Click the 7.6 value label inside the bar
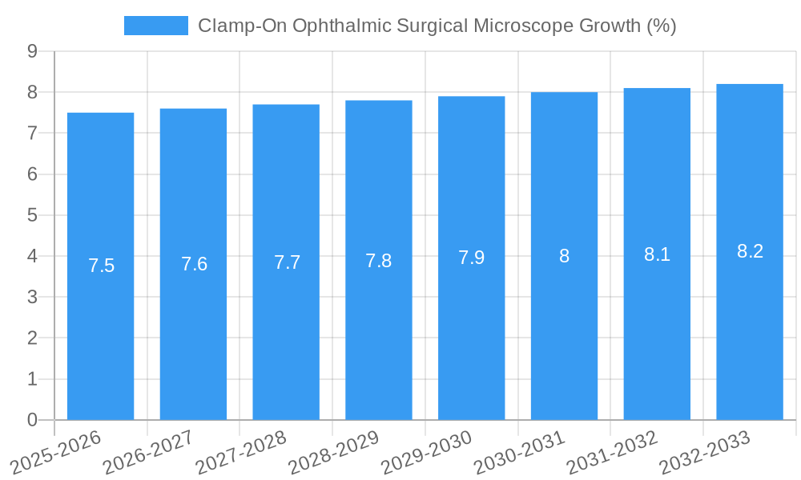[194, 264]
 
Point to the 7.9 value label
[471, 258]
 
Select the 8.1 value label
[657, 254]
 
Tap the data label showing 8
[564, 256]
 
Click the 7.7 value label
[287, 262]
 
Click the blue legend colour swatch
[155, 26]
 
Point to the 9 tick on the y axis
[32, 51]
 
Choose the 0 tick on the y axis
[32, 420]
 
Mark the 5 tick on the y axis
[32, 215]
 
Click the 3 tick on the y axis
[32, 297]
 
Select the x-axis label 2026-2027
[149, 451]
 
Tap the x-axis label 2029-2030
[427, 451]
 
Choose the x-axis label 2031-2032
[613, 451]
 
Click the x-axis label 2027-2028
[242, 451]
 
